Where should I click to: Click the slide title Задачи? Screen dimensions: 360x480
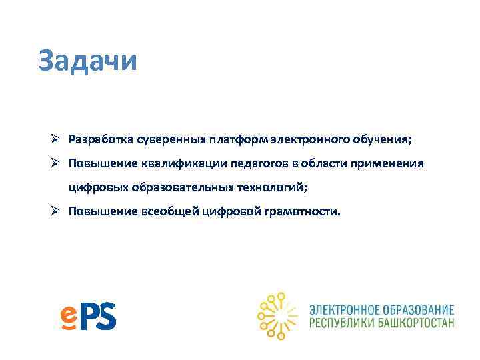(87, 60)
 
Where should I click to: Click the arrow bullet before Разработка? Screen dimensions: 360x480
(59, 140)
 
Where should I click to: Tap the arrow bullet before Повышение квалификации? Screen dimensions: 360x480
(59, 163)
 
